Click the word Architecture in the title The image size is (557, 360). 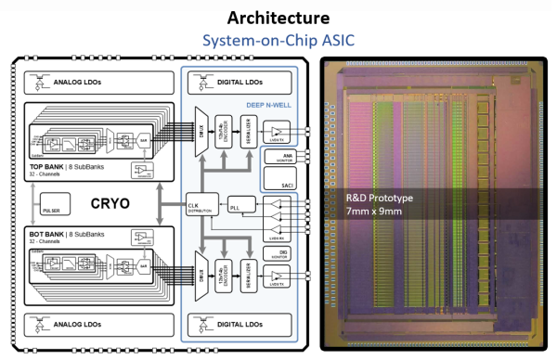tap(278, 16)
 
